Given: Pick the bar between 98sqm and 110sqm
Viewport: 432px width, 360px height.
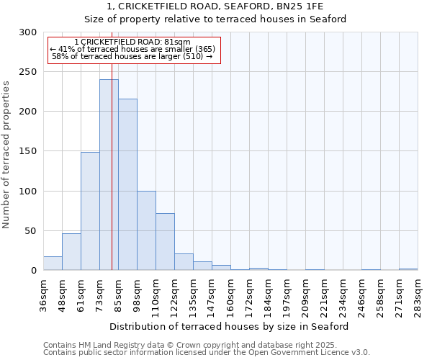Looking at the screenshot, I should coord(146,230).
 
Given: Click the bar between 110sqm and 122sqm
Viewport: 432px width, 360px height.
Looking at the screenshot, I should coord(165,242).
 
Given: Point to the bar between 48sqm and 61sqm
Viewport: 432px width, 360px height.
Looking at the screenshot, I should coord(71,252).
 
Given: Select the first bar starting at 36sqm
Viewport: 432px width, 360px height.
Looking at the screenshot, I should coord(53,264).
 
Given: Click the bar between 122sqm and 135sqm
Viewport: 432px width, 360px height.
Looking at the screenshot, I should coord(184,262).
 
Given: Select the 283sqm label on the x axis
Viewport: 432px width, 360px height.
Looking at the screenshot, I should coord(418,295).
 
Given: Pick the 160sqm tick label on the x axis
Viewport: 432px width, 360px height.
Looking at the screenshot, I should coord(230,295).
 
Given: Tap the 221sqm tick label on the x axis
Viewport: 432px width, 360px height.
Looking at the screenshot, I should coord(324,295).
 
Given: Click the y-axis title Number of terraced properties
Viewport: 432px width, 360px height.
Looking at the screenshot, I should coord(6,155).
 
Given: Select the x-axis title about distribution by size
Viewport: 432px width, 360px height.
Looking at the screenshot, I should coord(228,326).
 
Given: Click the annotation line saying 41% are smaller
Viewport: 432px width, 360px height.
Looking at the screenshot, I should coord(132,49).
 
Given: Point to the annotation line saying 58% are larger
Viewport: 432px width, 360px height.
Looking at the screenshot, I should coord(132,56).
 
